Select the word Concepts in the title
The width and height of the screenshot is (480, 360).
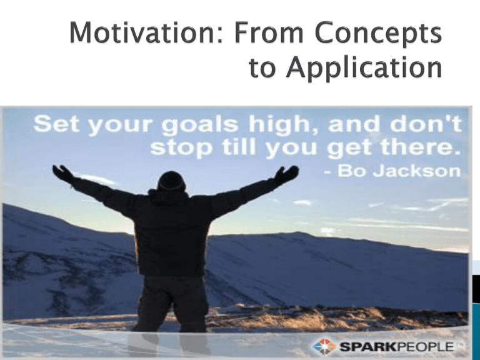tap(378, 34)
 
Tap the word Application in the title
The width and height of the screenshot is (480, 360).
tap(364, 67)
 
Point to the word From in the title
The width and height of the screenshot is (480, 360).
tap(269, 32)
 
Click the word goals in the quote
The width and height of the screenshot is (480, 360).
tap(199, 126)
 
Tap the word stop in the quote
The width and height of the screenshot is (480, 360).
tap(181, 149)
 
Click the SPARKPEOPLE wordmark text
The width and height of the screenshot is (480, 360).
tap(397, 347)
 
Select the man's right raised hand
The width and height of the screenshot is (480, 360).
tap(287, 174)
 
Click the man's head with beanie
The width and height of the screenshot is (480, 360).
tap(171, 181)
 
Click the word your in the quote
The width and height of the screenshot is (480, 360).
tap(120, 126)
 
